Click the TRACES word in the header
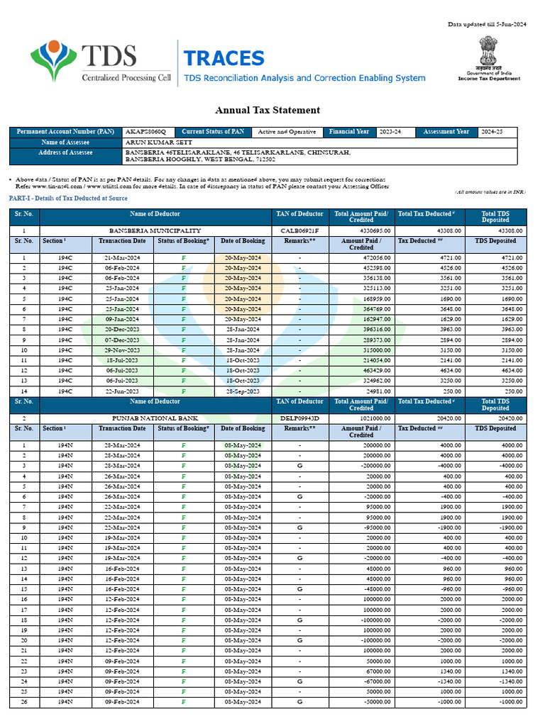(x=224, y=59)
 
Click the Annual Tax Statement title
(x=268, y=110)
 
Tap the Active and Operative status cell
(x=287, y=132)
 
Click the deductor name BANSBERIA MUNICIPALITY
(x=155, y=230)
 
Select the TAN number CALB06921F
(x=299, y=230)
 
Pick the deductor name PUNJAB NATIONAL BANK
(x=155, y=418)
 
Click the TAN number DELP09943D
(x=299, y=418)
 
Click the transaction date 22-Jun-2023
(x=122, y=391)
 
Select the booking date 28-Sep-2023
(x=243, y=391)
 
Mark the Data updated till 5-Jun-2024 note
(x=487, y=25)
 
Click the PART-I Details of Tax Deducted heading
(x=67, y=198)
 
